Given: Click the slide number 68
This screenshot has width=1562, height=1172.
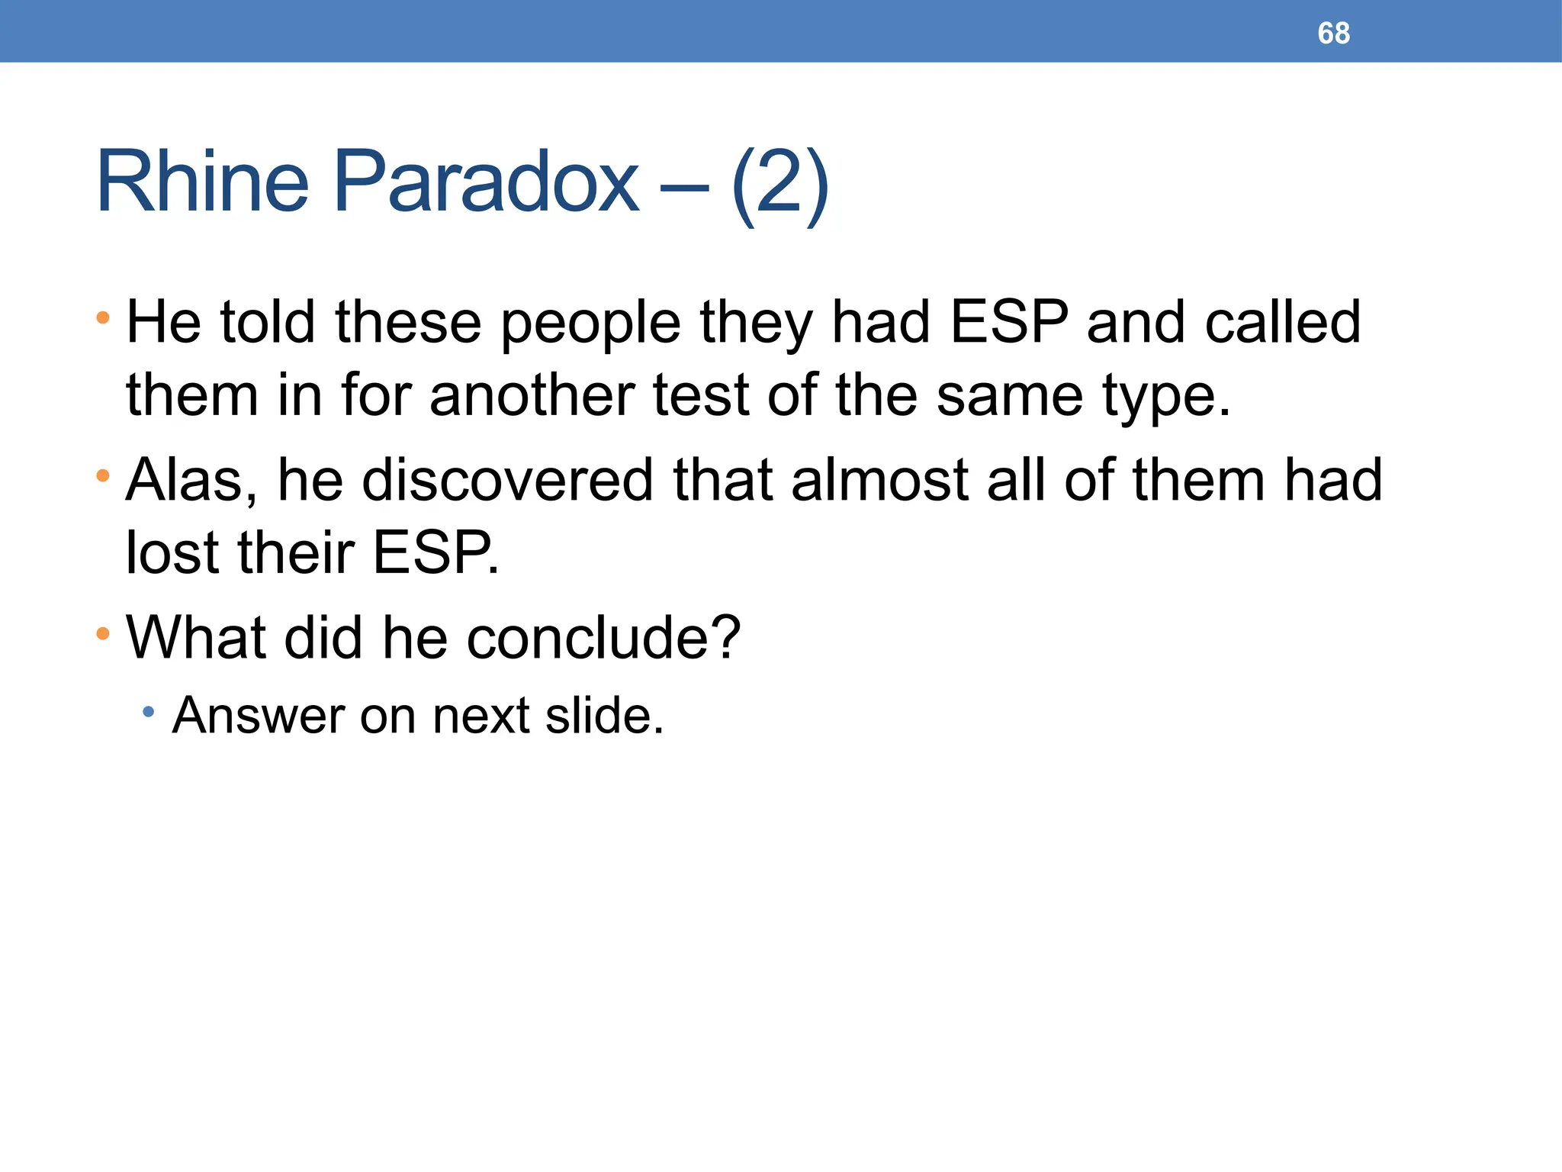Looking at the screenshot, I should pos(1333,34).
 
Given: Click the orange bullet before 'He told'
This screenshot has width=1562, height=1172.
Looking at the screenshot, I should pos(103,317).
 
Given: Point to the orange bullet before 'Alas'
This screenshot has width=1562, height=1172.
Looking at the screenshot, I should pos(103,476).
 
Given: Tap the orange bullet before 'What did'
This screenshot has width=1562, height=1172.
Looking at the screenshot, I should pos(103,633).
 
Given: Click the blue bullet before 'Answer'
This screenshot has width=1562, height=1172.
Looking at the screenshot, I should pos(149,712).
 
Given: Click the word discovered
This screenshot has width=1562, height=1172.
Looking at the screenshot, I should pos(507,481).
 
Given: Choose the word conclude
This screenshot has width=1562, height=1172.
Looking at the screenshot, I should pos(603,637).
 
